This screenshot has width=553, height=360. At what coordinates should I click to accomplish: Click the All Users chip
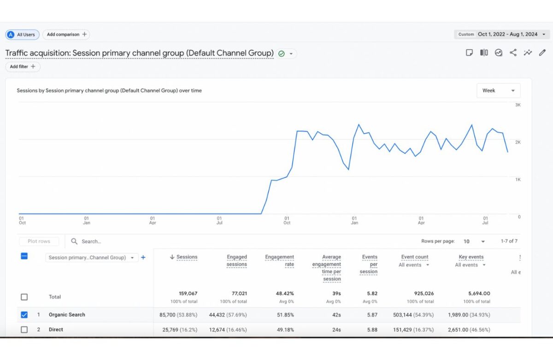[x=23, y=35]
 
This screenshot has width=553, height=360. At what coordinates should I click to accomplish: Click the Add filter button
[x=23, y=67]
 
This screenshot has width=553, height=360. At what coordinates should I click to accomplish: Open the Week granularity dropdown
[x=498, y=91]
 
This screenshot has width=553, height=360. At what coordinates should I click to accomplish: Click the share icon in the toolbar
[x=513, y=53]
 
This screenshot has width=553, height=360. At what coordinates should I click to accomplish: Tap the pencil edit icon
[x=542, y=53]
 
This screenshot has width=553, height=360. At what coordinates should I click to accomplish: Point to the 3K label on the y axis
[x=518, y=105]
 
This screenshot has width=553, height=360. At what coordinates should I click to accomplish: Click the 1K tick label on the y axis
[x=518, y=179]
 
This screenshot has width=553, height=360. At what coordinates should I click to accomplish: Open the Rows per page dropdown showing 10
[x=474, y=242]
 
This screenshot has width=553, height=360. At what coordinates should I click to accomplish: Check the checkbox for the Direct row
[x=24, y=330]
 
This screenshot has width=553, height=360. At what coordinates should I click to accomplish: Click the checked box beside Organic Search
[x=24, y=315]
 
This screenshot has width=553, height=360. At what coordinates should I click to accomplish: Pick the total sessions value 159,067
[x=188, y=294]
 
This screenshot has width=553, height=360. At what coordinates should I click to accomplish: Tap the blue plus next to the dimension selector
[x=143, y=258]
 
